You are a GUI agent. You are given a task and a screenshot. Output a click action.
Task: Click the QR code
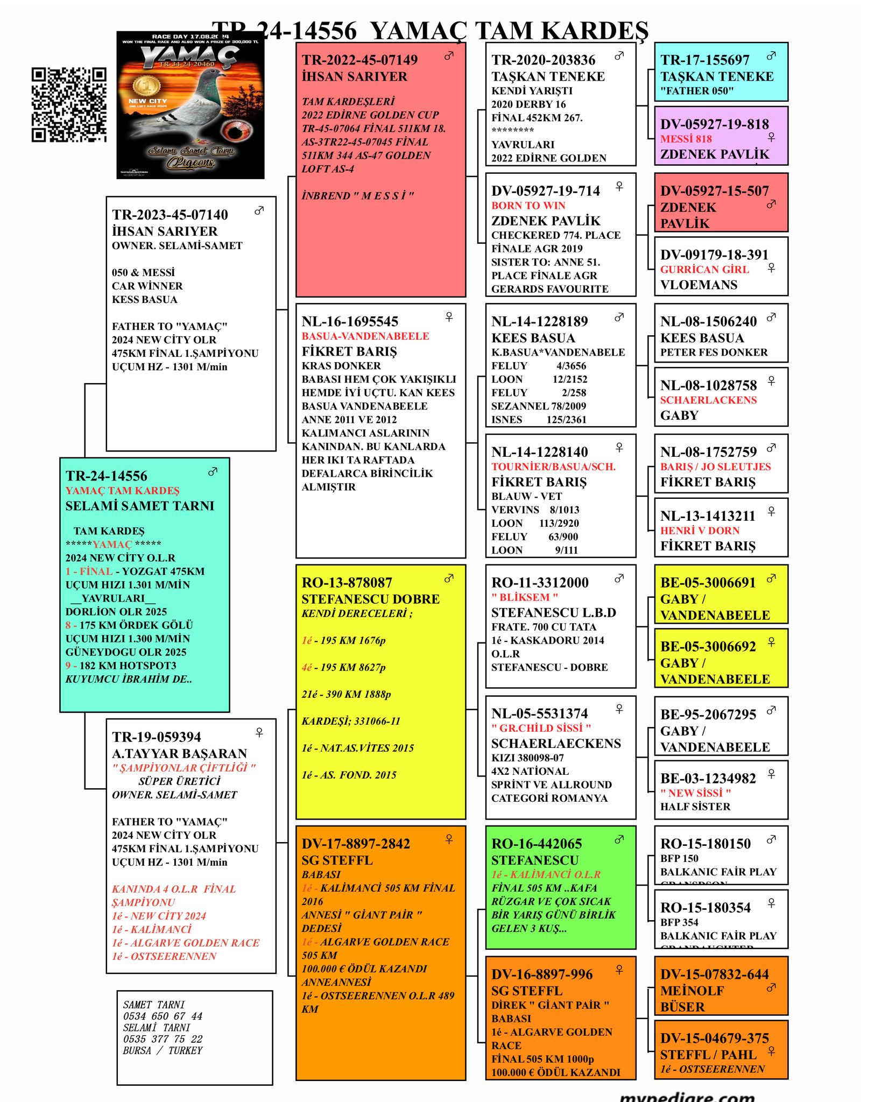[68, 105]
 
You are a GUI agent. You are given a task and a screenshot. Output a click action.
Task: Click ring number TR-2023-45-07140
[170, 215]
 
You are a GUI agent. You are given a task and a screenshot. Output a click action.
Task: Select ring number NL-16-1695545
[350, 322]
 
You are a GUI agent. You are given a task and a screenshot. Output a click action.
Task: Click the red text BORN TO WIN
[528, 206]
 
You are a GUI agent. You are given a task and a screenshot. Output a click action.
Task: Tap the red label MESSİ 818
[686, 139]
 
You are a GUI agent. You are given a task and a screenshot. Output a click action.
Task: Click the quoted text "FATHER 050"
[697, 91]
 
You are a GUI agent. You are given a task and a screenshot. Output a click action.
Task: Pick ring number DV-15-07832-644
[714, 974]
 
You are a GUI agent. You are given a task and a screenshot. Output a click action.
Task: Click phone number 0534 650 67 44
[163, 1016]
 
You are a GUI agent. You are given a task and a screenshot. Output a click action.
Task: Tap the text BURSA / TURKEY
[163, 1050]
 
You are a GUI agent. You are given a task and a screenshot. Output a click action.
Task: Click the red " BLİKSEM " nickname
[524, 597]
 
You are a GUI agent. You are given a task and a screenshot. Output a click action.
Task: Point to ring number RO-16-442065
[537, 844]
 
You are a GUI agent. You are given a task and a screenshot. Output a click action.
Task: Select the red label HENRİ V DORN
[700, 531]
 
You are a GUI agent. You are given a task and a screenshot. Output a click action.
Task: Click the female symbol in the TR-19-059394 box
[259, 732]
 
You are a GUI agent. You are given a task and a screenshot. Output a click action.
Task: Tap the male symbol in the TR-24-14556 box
[213, 472]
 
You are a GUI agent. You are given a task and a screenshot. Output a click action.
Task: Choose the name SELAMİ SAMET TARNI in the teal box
[139, 506]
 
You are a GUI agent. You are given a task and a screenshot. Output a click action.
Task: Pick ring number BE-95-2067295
[708, 715]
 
